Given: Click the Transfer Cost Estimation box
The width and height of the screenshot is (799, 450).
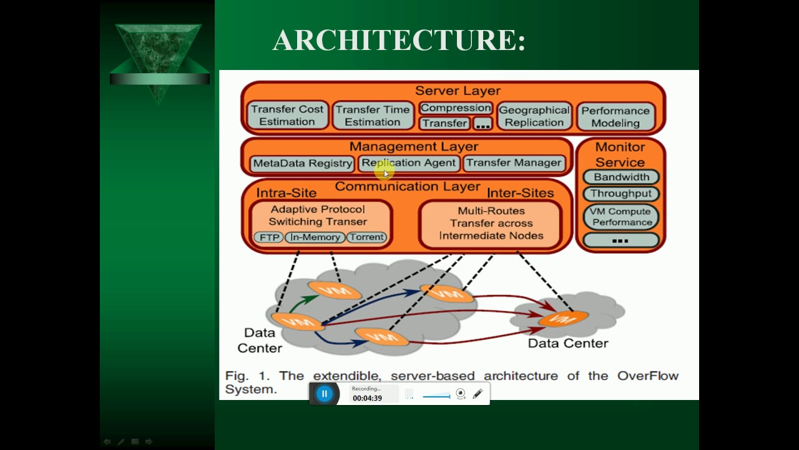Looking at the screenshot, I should coord(287,116).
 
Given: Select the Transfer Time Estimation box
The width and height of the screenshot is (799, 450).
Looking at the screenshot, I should coord(373,116).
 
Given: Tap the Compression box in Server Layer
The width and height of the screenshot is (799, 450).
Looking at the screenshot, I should coord(456,108).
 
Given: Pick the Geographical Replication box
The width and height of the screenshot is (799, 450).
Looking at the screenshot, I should coord(534,116).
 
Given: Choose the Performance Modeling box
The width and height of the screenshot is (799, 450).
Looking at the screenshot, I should coord(615,117).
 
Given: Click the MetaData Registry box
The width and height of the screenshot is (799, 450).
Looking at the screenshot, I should coord(303,163).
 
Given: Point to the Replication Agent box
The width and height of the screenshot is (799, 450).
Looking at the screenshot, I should coord(409,163).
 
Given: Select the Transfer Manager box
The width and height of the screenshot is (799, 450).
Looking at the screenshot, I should coord(514,163).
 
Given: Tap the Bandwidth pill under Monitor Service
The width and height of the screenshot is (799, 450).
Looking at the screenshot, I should coord(621,177).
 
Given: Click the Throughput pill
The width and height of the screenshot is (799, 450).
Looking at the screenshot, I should coord(621,194).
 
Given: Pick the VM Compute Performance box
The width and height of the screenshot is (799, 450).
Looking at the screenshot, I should coord(621,216).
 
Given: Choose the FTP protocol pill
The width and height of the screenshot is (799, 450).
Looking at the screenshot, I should coord(268,237).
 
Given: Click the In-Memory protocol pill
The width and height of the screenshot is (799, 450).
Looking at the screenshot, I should coord(315,237).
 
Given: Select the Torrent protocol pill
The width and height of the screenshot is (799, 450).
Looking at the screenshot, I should coord(367,237).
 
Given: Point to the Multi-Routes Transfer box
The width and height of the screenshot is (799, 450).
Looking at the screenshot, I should coord(491,224).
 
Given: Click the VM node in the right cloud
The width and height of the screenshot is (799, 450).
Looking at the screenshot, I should coord(564,319).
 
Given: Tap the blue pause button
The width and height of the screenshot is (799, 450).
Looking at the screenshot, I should coord(324,394).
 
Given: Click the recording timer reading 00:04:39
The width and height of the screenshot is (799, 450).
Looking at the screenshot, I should coord(367,398).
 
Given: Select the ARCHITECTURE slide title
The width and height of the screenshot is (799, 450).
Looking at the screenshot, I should coord(399,40).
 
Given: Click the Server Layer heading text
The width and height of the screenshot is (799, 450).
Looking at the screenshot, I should coord(458,91).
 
